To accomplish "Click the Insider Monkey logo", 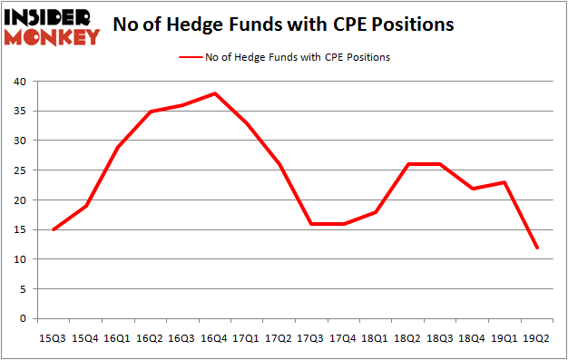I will click(52, 26).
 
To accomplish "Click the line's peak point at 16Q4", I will click(215, 93).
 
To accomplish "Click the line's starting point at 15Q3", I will click(54, 229).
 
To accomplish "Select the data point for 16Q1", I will click(118, 147).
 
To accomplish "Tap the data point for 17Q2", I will click(279, 164).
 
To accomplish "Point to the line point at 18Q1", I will click(377, 212).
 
